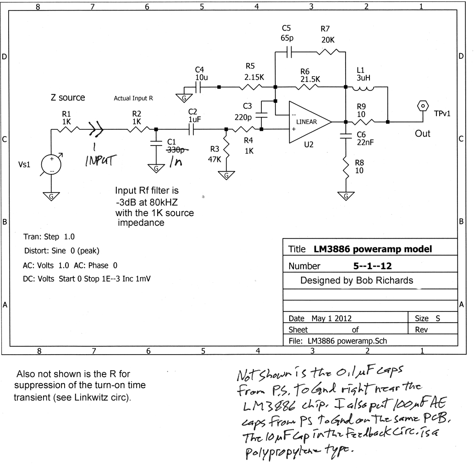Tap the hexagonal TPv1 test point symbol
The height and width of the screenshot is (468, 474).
421,106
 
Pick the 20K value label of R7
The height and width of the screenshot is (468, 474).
328,40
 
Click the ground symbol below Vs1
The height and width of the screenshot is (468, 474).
51,196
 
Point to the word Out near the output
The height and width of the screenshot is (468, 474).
423,134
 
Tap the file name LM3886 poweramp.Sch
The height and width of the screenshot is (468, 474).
347,340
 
